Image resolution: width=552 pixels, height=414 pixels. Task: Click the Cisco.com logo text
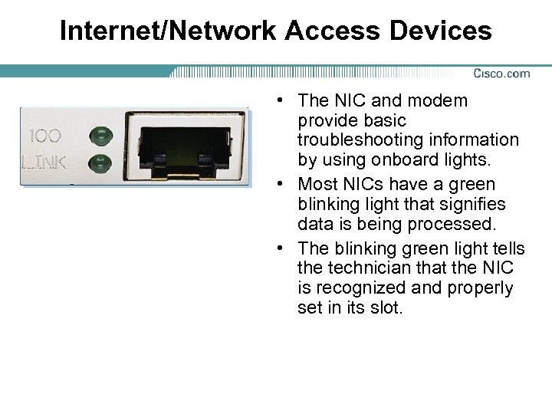pos(501,74)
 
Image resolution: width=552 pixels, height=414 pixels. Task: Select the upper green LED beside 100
pos(99,137)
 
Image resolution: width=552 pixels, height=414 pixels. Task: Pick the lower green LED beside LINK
pos(99,162)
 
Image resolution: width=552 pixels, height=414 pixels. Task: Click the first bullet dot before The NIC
pos(283,101)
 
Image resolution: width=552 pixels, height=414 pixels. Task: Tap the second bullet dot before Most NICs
pos(283,185)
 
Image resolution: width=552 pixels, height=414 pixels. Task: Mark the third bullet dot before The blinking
pos(283,248)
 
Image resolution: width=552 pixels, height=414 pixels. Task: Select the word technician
pos(370,268)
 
